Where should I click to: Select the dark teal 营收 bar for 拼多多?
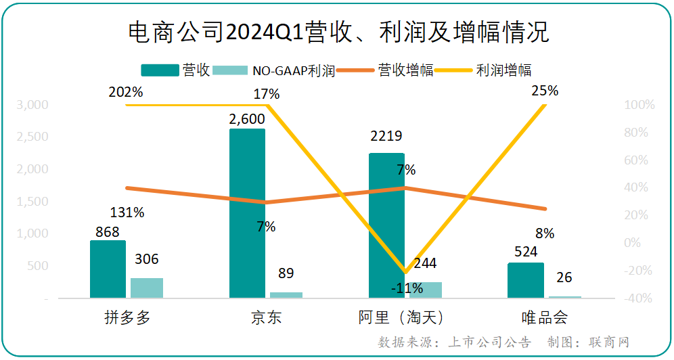click(108, 269)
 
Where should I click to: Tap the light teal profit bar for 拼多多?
click(147, 288)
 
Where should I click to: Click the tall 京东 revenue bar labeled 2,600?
click(248, 212)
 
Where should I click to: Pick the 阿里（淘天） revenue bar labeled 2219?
click(386, 225)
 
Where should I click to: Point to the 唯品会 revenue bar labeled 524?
click(526, 280)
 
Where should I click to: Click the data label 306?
click(147, 259)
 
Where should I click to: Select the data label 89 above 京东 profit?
click(286, 273)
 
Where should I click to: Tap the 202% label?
click(126, 93)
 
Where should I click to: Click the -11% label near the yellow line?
click(407, 288)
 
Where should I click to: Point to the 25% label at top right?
click(545, 90)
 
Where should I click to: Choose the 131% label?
click(127, 212)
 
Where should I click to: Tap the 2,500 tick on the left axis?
click(33, 137)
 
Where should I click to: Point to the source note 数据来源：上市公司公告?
click(454, 342)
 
